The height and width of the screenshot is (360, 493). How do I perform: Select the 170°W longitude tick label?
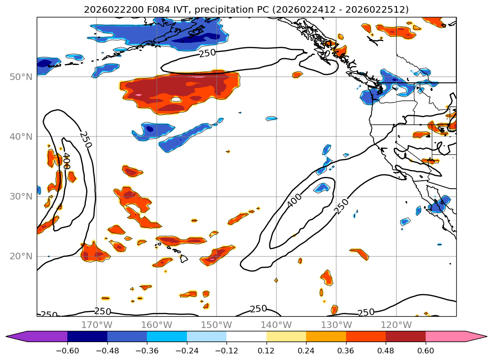tap(97, 325)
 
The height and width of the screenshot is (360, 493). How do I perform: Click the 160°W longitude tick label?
tap(156, 325)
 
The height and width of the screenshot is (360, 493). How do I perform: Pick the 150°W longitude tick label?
tap(216, 325)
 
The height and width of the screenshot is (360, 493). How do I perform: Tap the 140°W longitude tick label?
tap(276, 325)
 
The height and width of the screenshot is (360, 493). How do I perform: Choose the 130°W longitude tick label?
tap(336, 325)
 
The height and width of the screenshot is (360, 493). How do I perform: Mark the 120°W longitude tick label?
tap(396, 325)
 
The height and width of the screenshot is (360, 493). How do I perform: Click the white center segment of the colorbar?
tap(246, 336)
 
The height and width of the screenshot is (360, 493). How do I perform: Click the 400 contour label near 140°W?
tap(294, 200)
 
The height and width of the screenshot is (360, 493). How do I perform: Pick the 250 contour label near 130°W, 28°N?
tap(342, 206)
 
